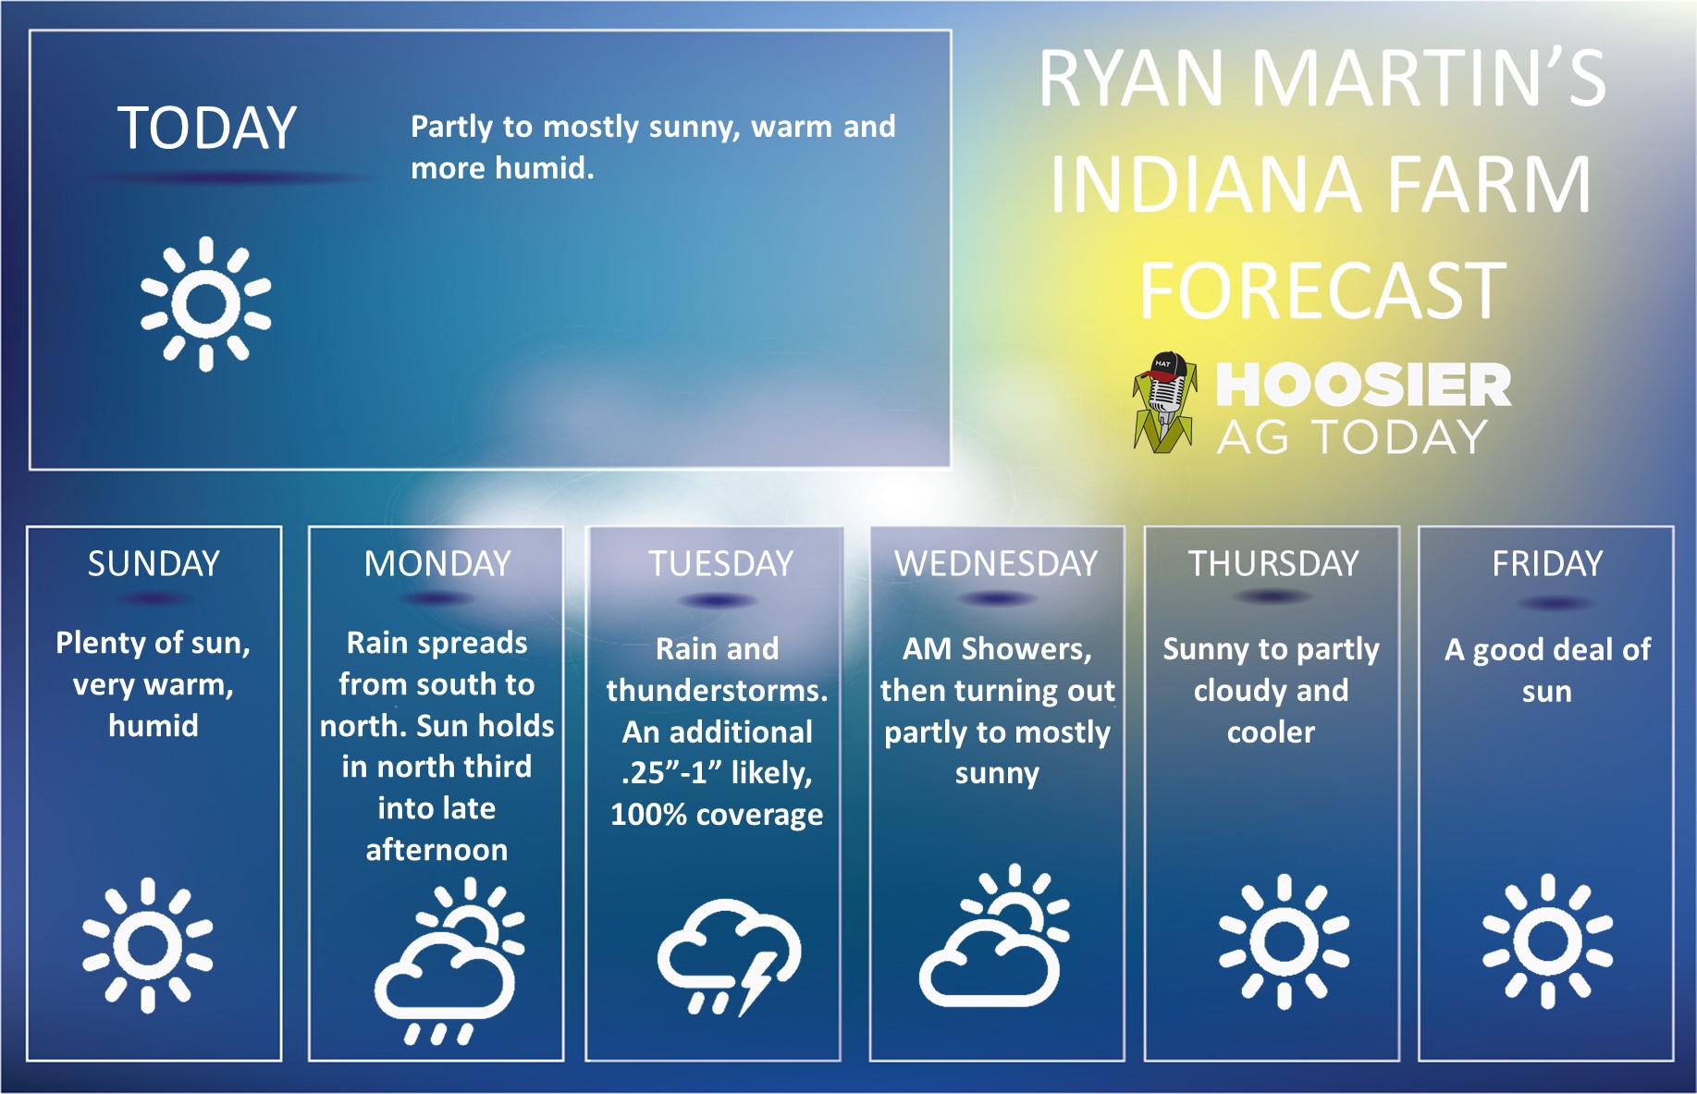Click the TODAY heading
[206, 128]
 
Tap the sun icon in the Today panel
[205, 303]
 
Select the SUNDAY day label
[154, 563]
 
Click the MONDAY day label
[437, 563]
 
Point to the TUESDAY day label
[720, 563]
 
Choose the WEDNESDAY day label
[996, 563]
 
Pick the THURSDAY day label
[1273, 563]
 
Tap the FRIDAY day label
[1547, 563]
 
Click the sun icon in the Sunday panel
[147, 945]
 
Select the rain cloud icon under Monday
[449, 962]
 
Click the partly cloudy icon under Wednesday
[994, 936]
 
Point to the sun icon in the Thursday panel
[1284, 941]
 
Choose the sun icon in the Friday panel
[1547, 941]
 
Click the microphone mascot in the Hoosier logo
[1164, 402]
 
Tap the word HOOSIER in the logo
[1363, 385]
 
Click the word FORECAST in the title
[1322, 290]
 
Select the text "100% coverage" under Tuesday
[717, 815]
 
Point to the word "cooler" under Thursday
[1271, 732]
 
